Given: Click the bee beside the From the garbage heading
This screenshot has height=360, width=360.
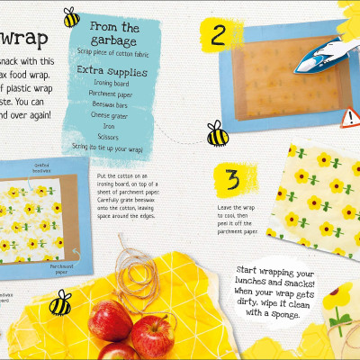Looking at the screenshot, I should pos(70,17).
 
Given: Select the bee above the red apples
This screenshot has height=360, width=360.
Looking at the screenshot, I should pos(59,303).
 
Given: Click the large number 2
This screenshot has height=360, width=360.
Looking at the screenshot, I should pos(219,35).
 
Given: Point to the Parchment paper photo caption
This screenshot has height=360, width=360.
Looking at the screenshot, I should pos(60,267).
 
